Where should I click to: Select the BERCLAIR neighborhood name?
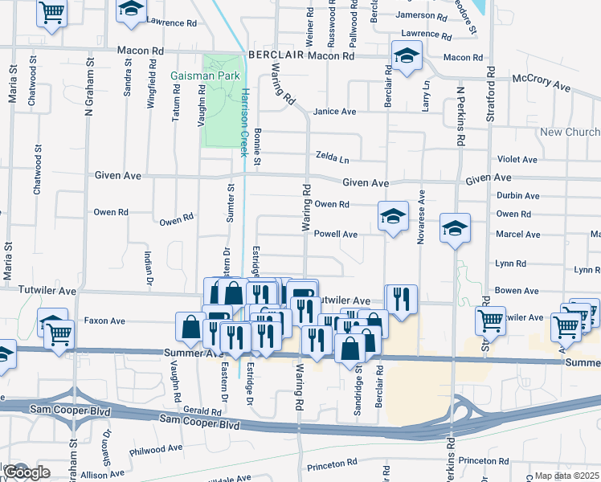tap(276, 55)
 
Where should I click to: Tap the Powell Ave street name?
tap(335, 234)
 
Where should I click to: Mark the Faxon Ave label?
tap(104, 320)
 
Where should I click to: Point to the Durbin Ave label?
tap(517, 195)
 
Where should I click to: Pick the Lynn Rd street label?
tap(510, 263)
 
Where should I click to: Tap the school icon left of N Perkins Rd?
tap(454, 228)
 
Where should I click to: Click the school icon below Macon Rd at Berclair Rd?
tap(407, 55)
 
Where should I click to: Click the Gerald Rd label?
tap(195, 410)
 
